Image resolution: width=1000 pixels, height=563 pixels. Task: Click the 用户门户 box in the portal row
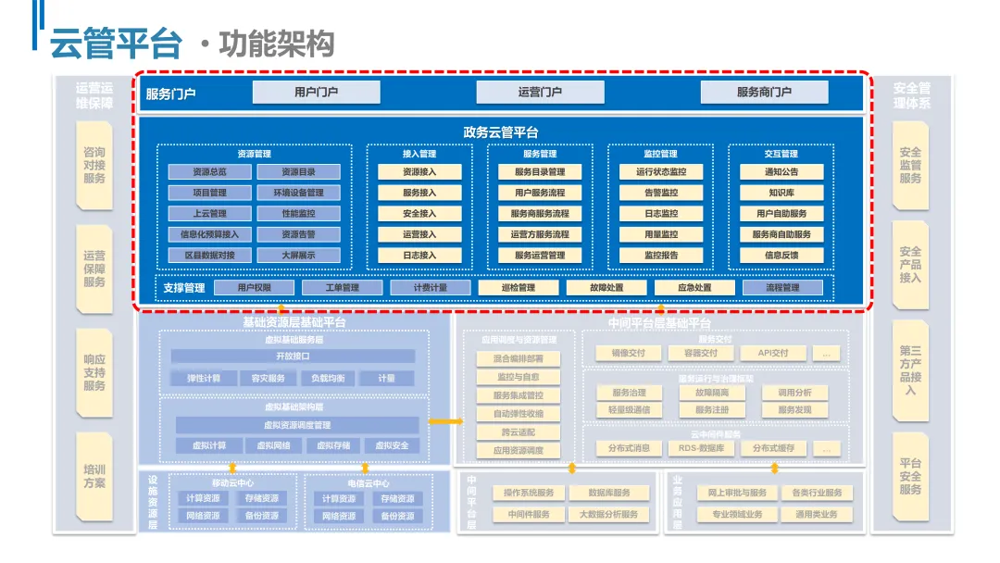pyautogui.click(x=317, y=92)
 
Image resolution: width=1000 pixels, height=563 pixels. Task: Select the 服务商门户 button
pyautogui.click(x=764, y=92)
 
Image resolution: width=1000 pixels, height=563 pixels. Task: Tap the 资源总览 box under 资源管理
pyautogui.click(x=209, y=172)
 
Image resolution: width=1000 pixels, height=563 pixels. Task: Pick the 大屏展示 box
pyautogui.click(x=298, y=256)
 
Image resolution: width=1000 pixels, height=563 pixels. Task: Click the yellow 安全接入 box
pyautogui.click(x=419, y=214)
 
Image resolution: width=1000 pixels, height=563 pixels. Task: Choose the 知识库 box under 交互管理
pyautogui.click(x=781, y=194)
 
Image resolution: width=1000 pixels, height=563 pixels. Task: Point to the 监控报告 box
pyautogui.click(x=661, y=256)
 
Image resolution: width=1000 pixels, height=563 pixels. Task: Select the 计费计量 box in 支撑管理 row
pyautogui.click(x=431, y=288)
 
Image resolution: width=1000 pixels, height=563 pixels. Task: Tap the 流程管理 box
pyautogui.click(x=782, y=288)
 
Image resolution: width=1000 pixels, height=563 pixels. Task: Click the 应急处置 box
pyautogui.click(x=694, y=288)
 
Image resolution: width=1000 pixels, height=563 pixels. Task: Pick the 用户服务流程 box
pyautogui.click(x=540, y=194)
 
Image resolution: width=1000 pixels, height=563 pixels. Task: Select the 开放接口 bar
pyautogui.click(x=294, y=357)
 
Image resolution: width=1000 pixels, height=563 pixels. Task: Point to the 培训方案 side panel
pyautogui.click(x=94, y=476)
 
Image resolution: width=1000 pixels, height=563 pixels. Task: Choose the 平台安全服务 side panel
pyautogui.click(x=910, y=476)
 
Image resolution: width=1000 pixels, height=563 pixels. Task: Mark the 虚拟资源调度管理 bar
pyautogui.click(x=297, y=425)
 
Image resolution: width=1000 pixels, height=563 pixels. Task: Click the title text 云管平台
pyautogui.click(x=116, y=43)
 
